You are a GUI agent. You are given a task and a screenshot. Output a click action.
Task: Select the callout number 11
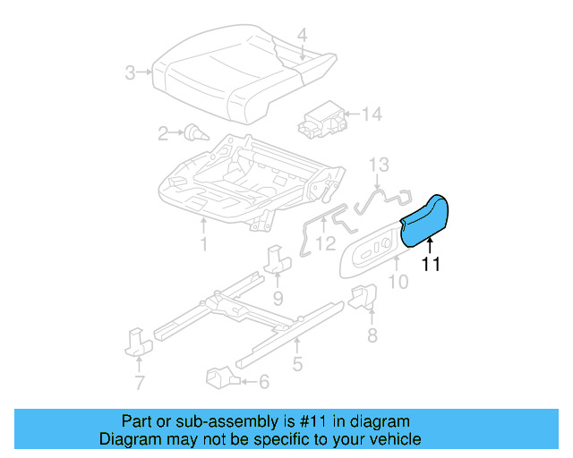[431, 264]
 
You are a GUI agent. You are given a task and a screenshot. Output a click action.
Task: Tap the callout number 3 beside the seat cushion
[131, 72]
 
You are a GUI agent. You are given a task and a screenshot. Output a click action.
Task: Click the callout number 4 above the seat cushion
[302, 35]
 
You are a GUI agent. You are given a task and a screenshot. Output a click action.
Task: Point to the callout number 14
[372, 114]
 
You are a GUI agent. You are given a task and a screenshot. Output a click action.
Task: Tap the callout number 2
[163, 134]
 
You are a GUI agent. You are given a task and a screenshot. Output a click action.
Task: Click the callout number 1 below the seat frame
[203, 244]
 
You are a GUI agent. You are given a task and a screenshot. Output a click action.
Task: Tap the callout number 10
[398, 283]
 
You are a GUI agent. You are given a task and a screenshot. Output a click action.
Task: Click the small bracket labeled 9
[277, 259]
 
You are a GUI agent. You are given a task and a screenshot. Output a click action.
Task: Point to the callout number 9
[278, 297]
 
